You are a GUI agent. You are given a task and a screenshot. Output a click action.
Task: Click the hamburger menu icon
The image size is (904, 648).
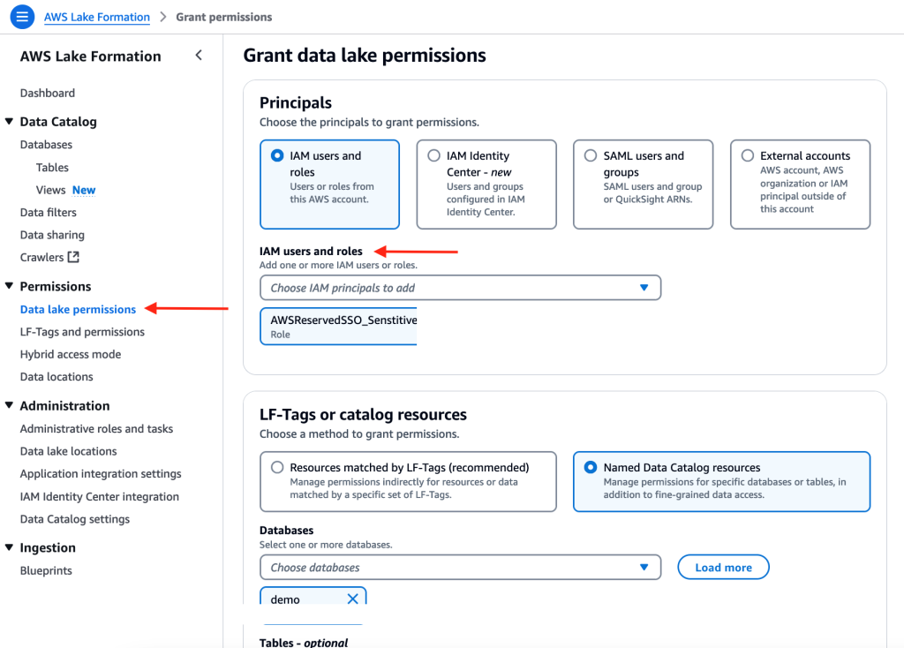click(x=22, y=17)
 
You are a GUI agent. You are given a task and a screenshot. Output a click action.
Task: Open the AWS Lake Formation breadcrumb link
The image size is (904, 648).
click(x=97, y=17)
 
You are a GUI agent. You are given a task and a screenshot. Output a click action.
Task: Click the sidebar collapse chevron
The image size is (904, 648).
click(x=199, y=56)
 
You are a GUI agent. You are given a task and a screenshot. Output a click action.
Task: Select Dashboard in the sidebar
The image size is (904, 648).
click(x=48, y=93)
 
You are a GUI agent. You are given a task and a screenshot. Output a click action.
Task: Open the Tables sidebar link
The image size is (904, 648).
click(x=52, y=167)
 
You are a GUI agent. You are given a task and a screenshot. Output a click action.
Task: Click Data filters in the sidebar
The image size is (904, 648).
click(x=49, y=212)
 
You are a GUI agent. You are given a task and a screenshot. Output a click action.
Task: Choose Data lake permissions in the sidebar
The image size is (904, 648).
click(x=78, y=309)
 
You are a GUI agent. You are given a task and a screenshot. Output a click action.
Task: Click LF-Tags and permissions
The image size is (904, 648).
click(x=82, y=332)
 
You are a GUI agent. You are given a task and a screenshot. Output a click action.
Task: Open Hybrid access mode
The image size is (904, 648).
click(x=71, y=354)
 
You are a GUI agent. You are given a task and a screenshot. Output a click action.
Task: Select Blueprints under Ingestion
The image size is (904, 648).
click(x=46, y=570)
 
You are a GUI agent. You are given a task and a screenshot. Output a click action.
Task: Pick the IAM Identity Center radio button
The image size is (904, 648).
click(x=433, y=155)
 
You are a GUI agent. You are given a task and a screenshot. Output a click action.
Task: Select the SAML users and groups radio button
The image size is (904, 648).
click(x=591, y=155)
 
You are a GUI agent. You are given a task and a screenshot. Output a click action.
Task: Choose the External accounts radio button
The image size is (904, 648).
click(x=748, y=155)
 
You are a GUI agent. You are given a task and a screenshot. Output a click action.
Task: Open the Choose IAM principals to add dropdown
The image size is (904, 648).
click(x=460, y=288)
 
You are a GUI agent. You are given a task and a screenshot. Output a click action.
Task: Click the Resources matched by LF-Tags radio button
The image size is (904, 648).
click(x=277, y=467)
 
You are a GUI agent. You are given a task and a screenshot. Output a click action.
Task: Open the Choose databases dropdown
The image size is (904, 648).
click(x=460, y=568)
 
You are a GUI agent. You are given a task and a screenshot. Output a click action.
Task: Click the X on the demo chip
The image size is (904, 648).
click(x=352, y=599)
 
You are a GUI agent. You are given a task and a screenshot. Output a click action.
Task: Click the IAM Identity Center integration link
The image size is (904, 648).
click(x=100, y=496)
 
